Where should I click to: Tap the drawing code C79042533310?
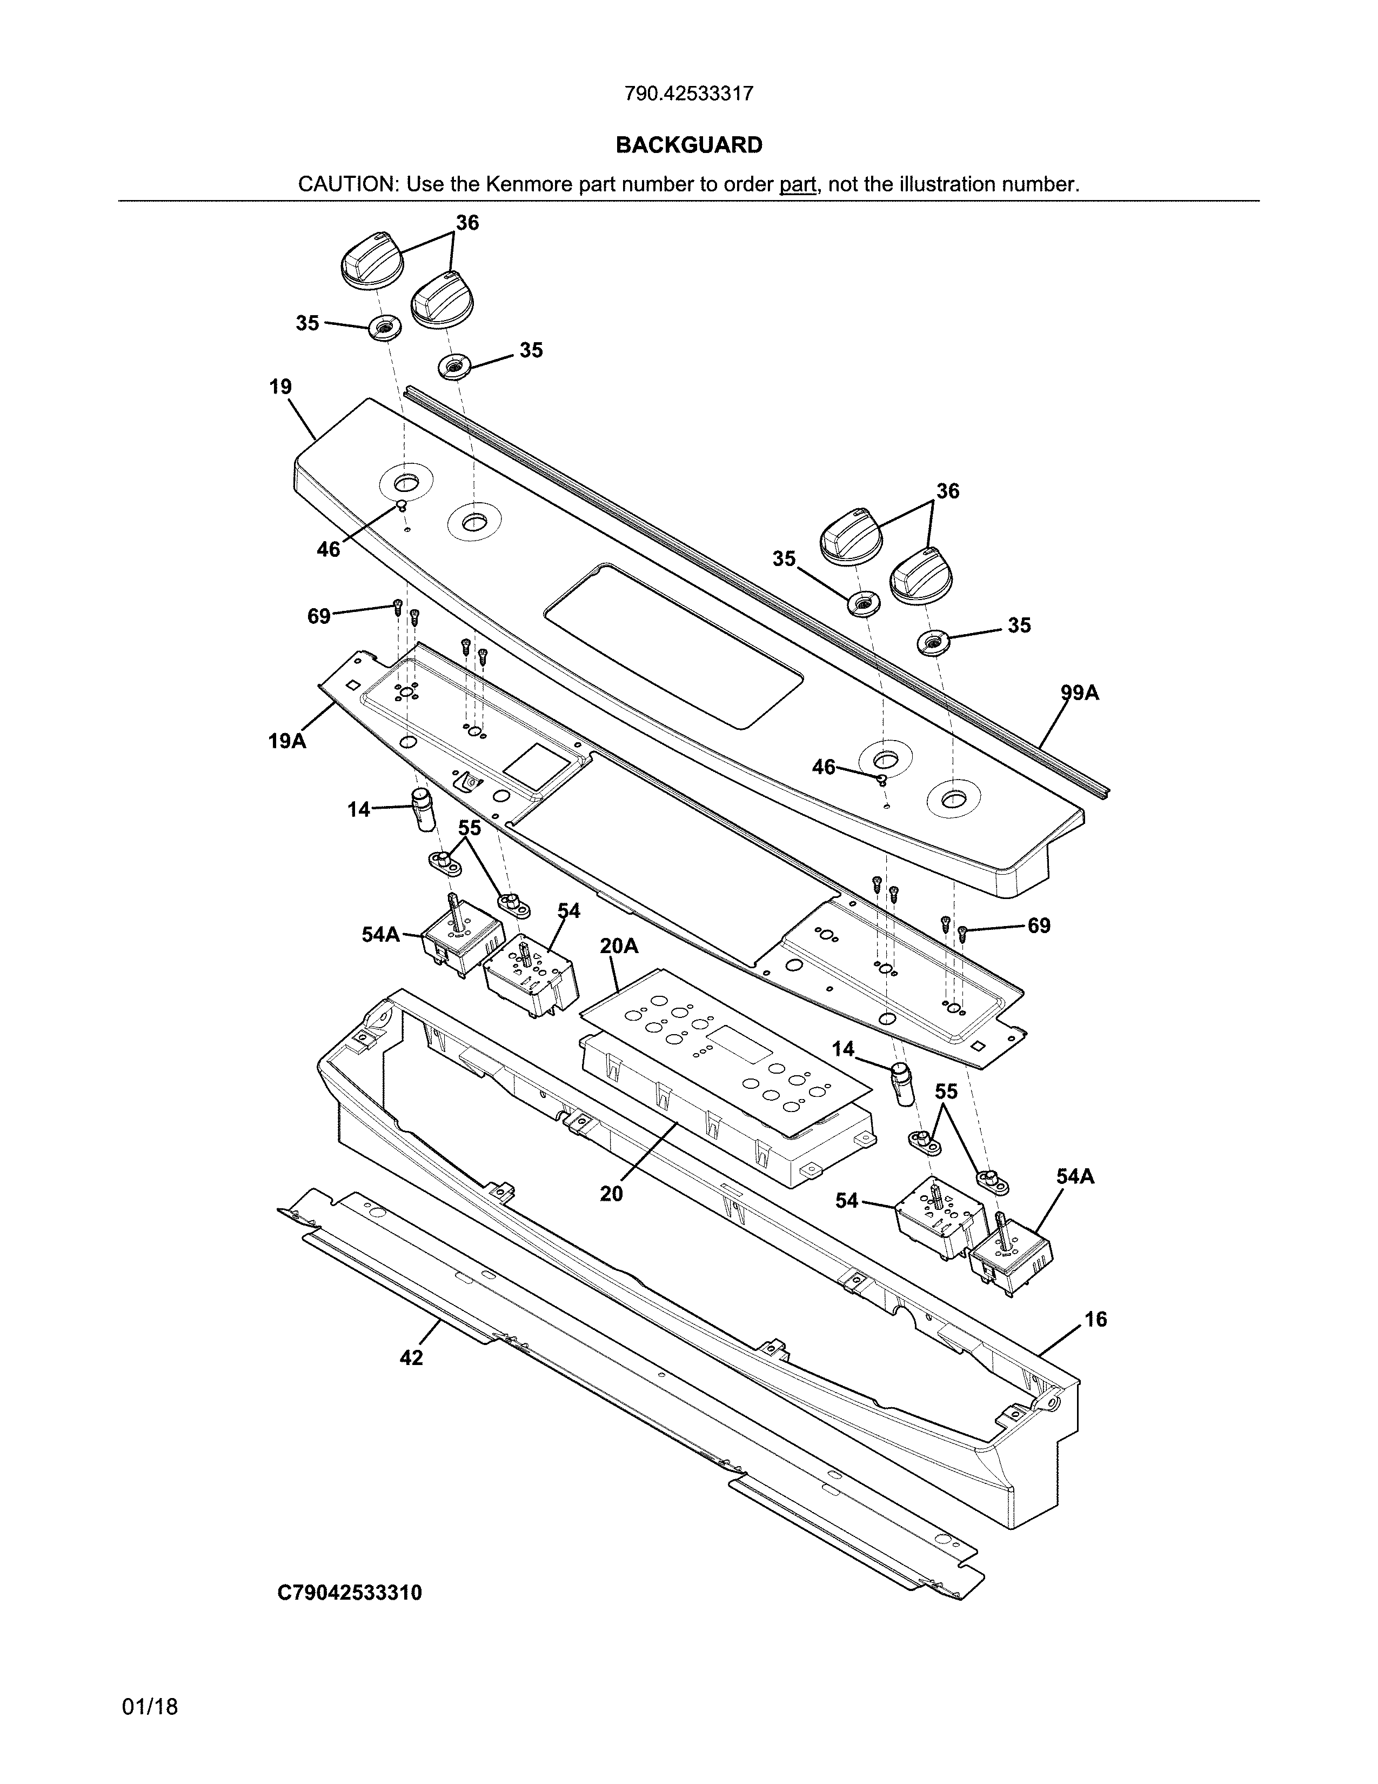click(350, 1593)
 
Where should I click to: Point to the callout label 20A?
click(619, 946)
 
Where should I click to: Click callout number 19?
click(280, 387)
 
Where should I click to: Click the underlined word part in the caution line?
click(798, 184)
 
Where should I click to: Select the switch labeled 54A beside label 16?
click(1011, 1261)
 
